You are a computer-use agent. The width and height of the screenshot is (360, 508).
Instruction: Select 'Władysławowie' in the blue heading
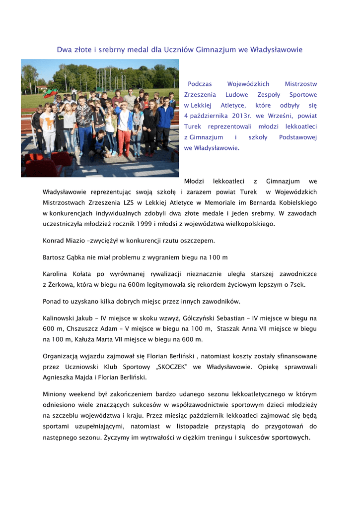(x=276, y=50)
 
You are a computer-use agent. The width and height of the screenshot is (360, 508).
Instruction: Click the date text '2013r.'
(x=242, y=116)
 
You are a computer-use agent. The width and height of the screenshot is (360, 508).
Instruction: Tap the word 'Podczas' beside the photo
(x=200, y=84)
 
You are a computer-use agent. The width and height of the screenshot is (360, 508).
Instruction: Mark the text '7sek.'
(x=295, y=284)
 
